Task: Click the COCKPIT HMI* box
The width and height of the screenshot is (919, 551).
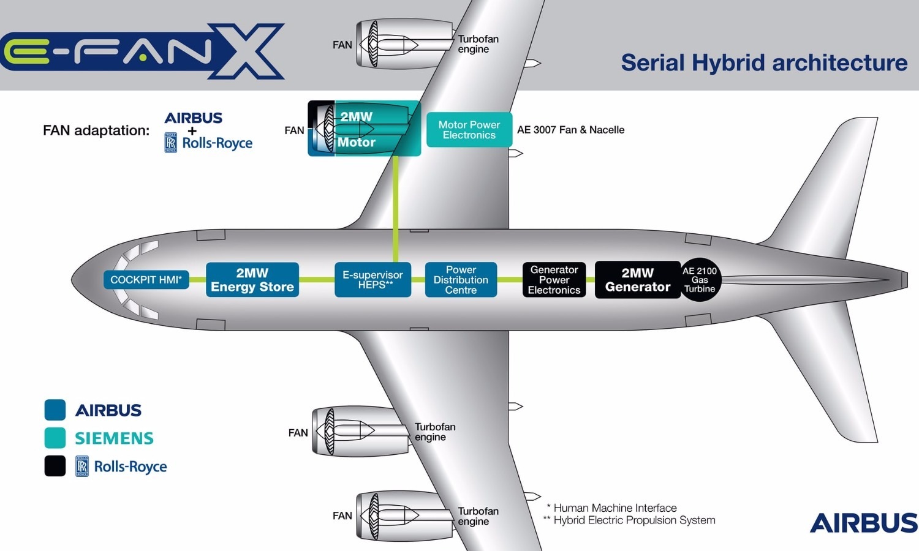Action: [146, 280]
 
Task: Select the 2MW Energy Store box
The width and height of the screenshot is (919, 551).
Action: [252, 280]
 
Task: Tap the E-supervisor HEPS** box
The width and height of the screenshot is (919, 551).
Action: [373, 280]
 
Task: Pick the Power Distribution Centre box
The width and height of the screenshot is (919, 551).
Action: [461, 280]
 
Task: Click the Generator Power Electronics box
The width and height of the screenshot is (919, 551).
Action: [554, 280]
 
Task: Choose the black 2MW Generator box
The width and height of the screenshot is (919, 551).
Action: [637, 280]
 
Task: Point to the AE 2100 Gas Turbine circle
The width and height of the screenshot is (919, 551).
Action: [700, 280]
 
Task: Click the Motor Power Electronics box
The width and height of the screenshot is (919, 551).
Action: [469, 130]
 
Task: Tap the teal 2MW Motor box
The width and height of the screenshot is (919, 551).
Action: [365, 129]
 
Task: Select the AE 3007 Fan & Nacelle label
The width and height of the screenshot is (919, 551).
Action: [570, 130]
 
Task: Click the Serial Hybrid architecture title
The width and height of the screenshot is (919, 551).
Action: [764, 62]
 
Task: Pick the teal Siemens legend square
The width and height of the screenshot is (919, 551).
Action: [55, 438]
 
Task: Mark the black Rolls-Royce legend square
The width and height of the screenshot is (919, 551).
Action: [55, 466]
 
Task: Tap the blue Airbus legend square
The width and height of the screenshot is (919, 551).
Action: [55, 410]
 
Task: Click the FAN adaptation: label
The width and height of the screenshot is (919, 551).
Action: [96, 130]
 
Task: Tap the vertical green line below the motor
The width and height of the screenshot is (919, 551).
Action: [396, 202]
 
